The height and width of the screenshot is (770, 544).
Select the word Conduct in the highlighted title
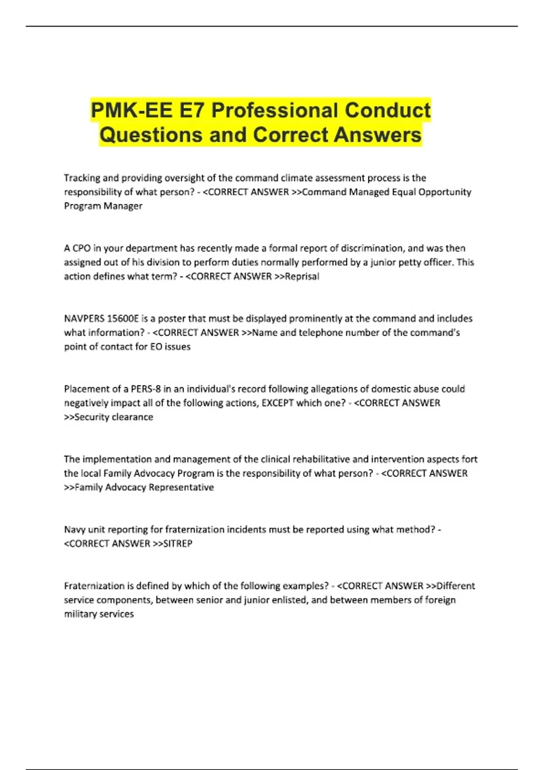click(x=388, y=111)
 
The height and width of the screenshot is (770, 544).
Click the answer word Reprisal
click(x=302, y=276)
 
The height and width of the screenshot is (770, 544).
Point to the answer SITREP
click(x=177, y=544)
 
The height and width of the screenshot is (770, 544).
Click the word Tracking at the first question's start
click(x=82, y=178)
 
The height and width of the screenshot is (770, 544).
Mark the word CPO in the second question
click(x=82, y=248)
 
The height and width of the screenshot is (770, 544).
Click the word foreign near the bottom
click(x=440, y=600)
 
